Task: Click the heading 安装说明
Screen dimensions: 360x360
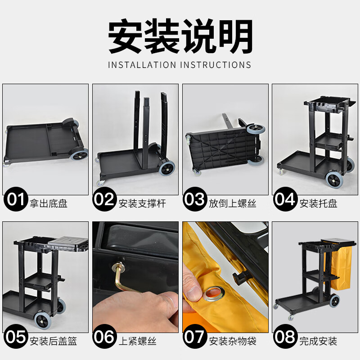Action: click(x=180, y=37)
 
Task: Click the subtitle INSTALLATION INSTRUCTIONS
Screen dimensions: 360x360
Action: click(x=180, y=65)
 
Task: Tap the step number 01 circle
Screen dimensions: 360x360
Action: click(x=16, y=199)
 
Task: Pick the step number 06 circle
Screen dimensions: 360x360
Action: click(x=105, y=337)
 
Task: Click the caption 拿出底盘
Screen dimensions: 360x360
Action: click(x=48, y=203)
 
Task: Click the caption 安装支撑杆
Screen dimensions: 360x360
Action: click(x=142, y=203)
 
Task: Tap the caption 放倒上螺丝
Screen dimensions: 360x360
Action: click(x=232, y=203)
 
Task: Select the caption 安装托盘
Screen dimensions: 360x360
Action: click(x=318, y=203)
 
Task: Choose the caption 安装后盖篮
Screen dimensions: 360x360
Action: click(x=53, y=341)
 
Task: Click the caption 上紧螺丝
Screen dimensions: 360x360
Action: click(x=137, y=341)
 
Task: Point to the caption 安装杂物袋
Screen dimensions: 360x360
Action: click(x=232, y=341)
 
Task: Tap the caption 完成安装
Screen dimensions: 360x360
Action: click(x=318, y=341)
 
